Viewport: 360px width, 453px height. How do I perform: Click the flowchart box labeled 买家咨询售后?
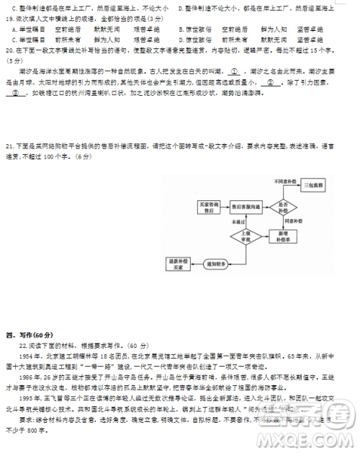tap(208, 207)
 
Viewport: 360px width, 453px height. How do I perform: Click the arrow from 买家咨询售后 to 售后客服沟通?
tap(224, 207)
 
